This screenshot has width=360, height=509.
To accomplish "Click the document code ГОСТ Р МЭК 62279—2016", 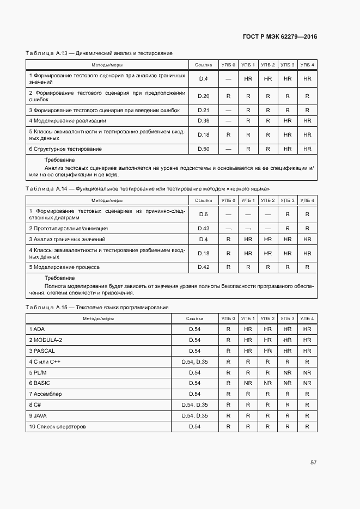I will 279,37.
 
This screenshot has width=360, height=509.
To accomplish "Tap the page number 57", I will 314,462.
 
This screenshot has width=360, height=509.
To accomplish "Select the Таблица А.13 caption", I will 99,53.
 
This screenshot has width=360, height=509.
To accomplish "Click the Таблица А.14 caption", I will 148,188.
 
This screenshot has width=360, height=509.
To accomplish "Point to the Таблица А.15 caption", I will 97,308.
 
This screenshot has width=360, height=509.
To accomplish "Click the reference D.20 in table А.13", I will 203,96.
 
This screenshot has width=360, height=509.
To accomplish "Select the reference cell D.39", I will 203,121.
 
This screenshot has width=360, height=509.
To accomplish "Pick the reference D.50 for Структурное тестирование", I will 203,149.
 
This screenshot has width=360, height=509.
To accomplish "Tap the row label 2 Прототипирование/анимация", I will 68,229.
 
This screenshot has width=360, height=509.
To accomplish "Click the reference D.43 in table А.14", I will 203,229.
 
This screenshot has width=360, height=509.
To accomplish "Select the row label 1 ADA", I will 37,329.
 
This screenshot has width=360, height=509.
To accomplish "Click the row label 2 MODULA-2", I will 45,340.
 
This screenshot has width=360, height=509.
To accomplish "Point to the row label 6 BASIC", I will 40,383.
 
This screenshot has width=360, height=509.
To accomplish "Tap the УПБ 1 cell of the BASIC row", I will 248,383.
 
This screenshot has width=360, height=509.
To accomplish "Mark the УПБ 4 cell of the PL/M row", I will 307,372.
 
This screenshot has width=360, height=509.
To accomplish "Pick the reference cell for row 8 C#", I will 194,405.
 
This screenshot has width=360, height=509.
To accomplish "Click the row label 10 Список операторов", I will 57,427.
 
